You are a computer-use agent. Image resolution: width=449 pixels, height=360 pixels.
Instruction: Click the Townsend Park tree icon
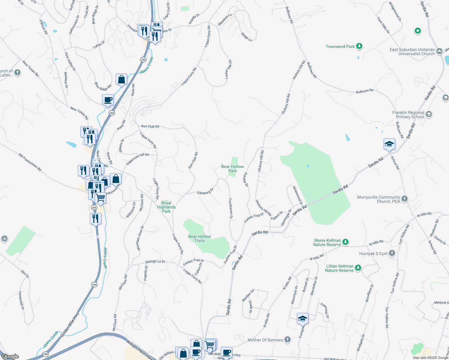tap(359, 46)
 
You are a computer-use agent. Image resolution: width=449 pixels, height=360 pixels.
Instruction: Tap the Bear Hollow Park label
tap(232, 169)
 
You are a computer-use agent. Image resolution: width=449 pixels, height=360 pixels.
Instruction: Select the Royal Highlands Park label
tap(166, 207)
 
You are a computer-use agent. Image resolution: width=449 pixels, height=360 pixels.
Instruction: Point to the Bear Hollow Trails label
tap(199, 238)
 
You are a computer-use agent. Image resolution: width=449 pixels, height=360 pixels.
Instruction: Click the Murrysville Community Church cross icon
tap(405, 199)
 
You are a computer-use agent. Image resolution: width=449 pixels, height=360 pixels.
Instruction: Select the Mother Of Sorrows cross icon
tap(288, 340)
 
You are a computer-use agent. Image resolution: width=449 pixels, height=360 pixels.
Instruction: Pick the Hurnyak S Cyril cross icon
tap(392, 253)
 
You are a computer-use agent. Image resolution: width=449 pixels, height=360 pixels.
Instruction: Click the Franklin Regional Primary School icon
tap(429, 114)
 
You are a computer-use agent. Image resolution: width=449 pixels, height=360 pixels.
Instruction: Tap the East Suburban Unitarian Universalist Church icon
tap(439, 51)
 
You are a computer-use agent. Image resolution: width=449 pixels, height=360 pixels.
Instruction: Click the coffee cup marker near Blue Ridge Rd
tap(108, 100)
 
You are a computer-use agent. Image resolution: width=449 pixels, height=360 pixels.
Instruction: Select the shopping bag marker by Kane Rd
tap(121, 79)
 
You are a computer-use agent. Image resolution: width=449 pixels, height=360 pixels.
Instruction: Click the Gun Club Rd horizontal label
tap(150, 126)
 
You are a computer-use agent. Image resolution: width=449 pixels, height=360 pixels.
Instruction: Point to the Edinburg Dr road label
tap(205, 191)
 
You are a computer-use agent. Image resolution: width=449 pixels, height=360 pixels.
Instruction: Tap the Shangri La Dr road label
tap(155, 262)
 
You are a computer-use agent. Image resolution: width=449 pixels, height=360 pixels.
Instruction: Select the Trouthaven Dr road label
tap(231, 208)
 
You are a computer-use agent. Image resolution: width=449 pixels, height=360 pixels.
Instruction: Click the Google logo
tap(10, 356)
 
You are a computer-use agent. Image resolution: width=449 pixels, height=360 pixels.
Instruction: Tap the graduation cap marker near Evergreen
tap(303, 319)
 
